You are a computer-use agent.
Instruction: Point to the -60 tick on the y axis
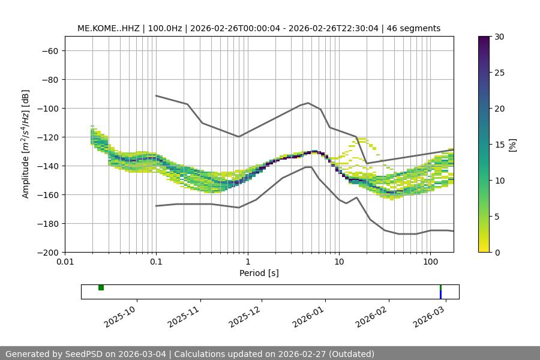click(50, 51)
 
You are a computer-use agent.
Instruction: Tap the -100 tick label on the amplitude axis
click(47, 109)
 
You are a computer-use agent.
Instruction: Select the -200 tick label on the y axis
click(47, 253)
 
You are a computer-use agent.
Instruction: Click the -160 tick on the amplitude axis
click(47, 195)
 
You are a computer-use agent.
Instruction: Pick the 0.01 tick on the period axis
click(65, 262)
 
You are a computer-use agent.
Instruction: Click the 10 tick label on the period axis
click(339, 262)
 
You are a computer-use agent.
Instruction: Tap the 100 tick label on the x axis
click(430, 262)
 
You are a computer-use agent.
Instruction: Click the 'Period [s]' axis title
click(259, 273)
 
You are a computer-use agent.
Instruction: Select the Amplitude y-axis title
click(26, 144)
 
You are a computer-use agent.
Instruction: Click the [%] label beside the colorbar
click(512, 145)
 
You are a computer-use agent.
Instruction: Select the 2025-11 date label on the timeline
click(184, 314)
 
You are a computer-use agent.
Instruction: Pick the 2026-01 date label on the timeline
click(309, 314)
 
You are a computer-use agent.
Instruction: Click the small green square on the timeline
click(101, 288)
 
